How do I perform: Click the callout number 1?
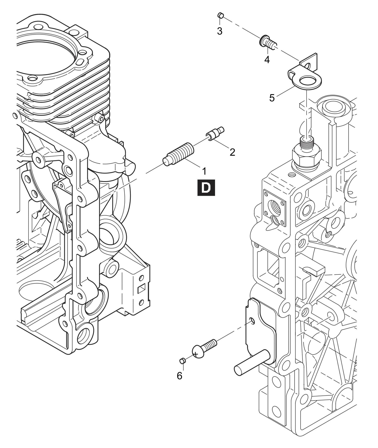point(204,171)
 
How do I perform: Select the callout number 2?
point(232,152)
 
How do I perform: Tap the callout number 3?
point(220,31)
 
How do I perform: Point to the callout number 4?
point(267,60)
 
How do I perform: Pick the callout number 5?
point(272,98)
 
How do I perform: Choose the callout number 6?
point(179,376)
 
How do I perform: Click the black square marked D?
point(206,187)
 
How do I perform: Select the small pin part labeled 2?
point(215,133)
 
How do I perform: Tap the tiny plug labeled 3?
point(221,15)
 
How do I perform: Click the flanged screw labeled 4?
point(267,42)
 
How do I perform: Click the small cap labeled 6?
point(182,361)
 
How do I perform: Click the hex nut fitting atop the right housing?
point(306,155)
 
